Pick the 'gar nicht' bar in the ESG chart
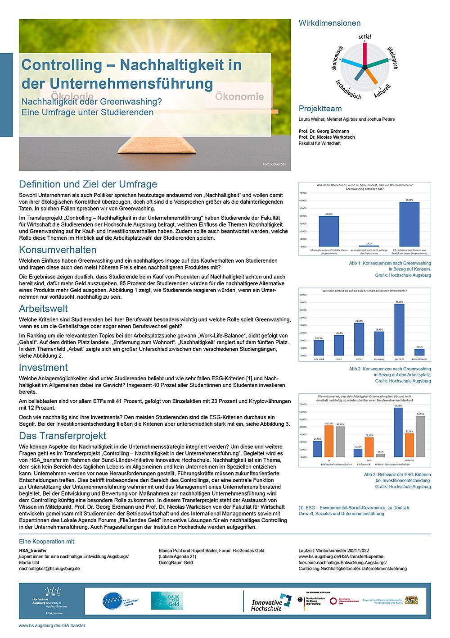[399, 329]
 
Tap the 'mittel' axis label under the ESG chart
[359, 359]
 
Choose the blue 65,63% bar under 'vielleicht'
[398, 432]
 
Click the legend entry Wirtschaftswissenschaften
[335, 464]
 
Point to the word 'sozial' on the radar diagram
[364, 36]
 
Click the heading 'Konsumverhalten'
[58, 250]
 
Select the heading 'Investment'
[43, 367]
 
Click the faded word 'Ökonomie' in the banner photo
[239, 96]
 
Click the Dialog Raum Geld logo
[166, 601]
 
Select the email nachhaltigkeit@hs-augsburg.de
[49, 569]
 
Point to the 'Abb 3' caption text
[397, 474]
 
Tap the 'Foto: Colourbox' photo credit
[274, 164]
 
